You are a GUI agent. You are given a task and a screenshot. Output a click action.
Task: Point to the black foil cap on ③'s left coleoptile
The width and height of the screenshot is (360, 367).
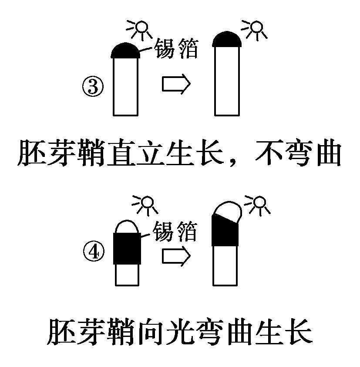point(126,50)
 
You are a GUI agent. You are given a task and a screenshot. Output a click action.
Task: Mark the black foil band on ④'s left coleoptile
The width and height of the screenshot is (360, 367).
point(128,248)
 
